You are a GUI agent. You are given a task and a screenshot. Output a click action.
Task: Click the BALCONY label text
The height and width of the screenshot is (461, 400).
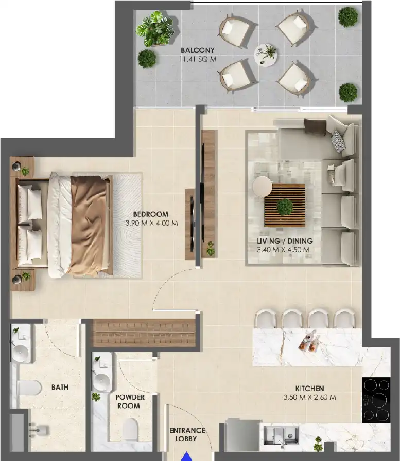click(x=197, y=50)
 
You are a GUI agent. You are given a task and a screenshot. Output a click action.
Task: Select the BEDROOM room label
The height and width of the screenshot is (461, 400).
click(x=150, y=214)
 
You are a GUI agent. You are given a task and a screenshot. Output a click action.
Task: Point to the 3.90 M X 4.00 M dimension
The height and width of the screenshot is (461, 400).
click(x=151, y=223)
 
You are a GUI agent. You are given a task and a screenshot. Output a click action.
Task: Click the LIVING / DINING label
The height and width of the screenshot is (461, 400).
click(x=285, y=241)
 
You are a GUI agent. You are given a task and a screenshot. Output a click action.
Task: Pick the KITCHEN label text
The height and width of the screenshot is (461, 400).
click(x=309, y=389)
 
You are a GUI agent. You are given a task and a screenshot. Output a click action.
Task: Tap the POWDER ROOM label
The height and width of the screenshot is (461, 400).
click(x=130, y=401)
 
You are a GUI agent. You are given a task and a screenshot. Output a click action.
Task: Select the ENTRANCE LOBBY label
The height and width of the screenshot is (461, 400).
click(x=187, y=434)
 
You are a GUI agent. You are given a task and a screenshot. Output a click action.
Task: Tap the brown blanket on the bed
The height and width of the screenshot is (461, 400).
click(x=88, y=224)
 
